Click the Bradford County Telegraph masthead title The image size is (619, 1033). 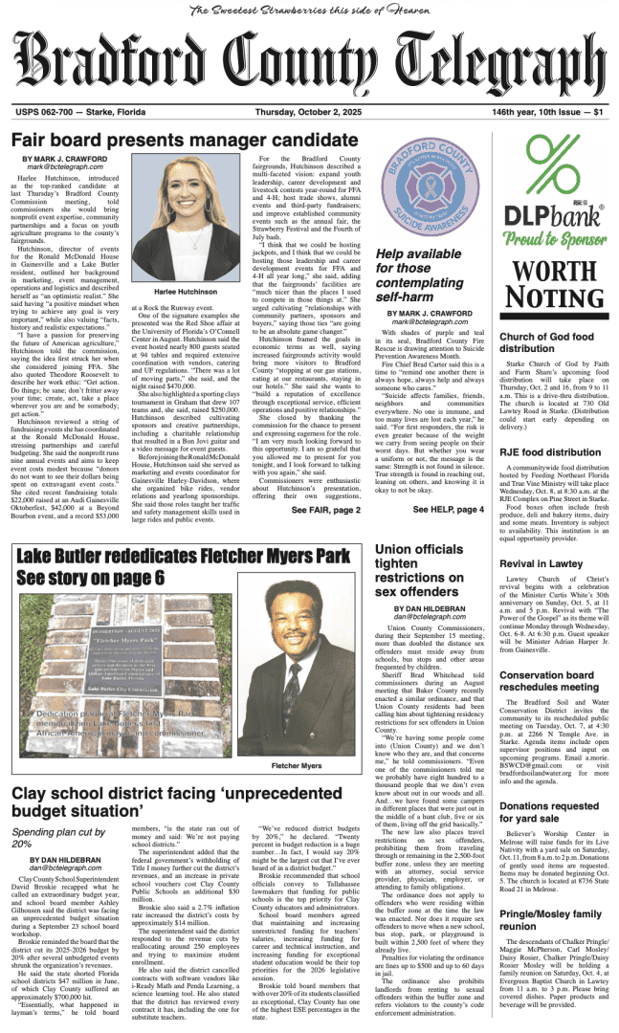(308, 60)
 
